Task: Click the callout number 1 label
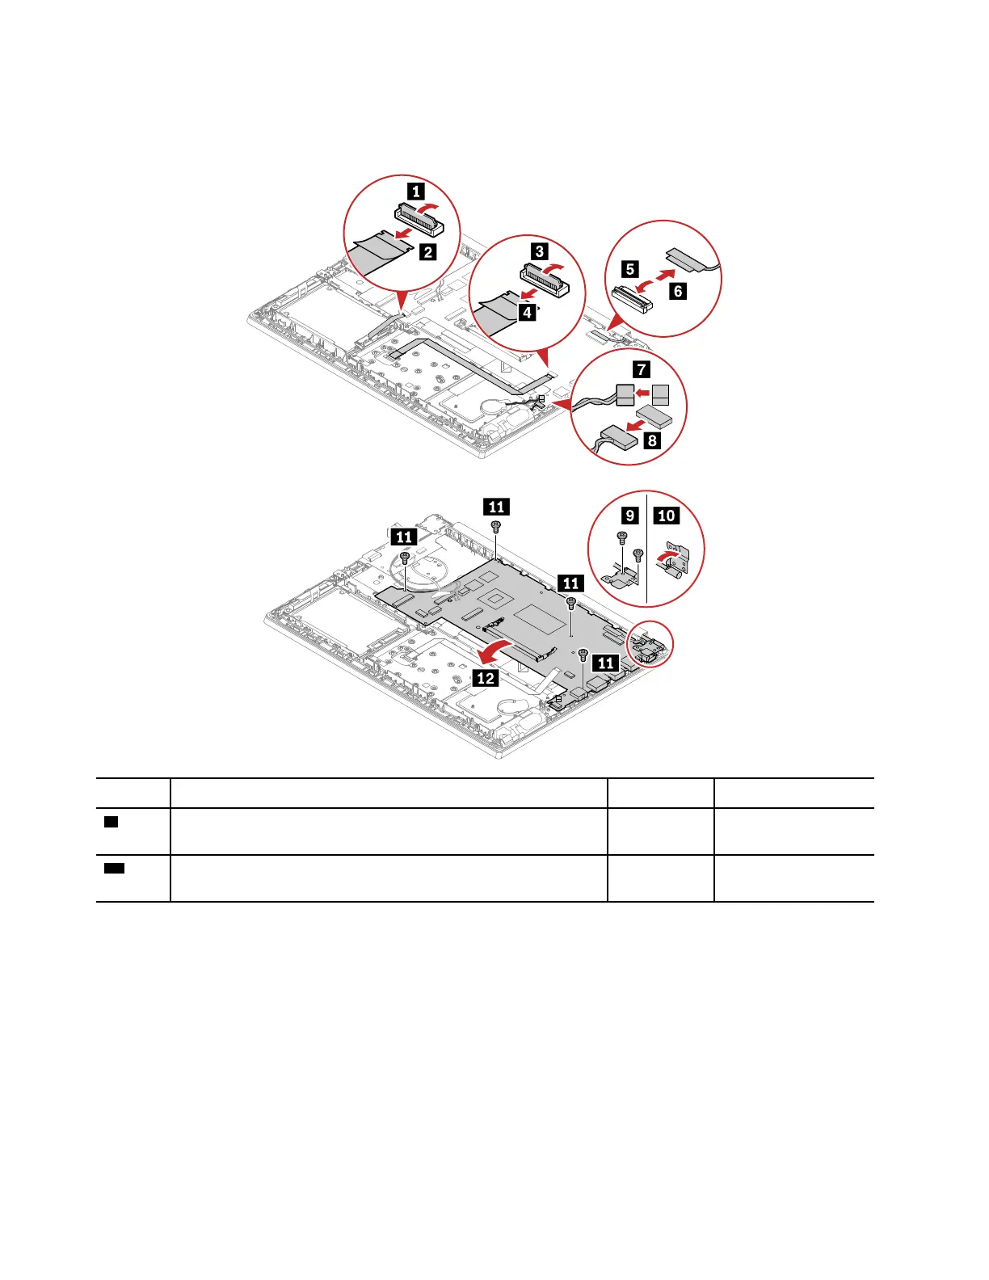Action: click(x=415, y=192)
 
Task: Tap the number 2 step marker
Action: click(x=427, y=251)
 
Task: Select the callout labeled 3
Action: click(x=540, y=251)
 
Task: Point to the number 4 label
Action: click(x=527, y=312)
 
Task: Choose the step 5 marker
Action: click(x=630, y=269)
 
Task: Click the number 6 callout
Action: click(x=678, y=291)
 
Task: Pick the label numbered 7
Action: click(x=642, y=369)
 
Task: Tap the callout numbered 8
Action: click(x=652, y=440)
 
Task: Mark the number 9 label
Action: click(x=629, y=515)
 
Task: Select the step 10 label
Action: click(x=667, y=515)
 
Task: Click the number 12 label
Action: click(x=486, y=677)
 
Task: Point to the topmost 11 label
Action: click(x=496, y=507)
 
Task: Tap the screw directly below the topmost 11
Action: click(x=496, y=526)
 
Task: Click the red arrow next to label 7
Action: click(x=643, y=394)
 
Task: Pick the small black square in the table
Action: click(x=112, y=822)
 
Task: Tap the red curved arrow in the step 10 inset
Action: click(x=663, y=556)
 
